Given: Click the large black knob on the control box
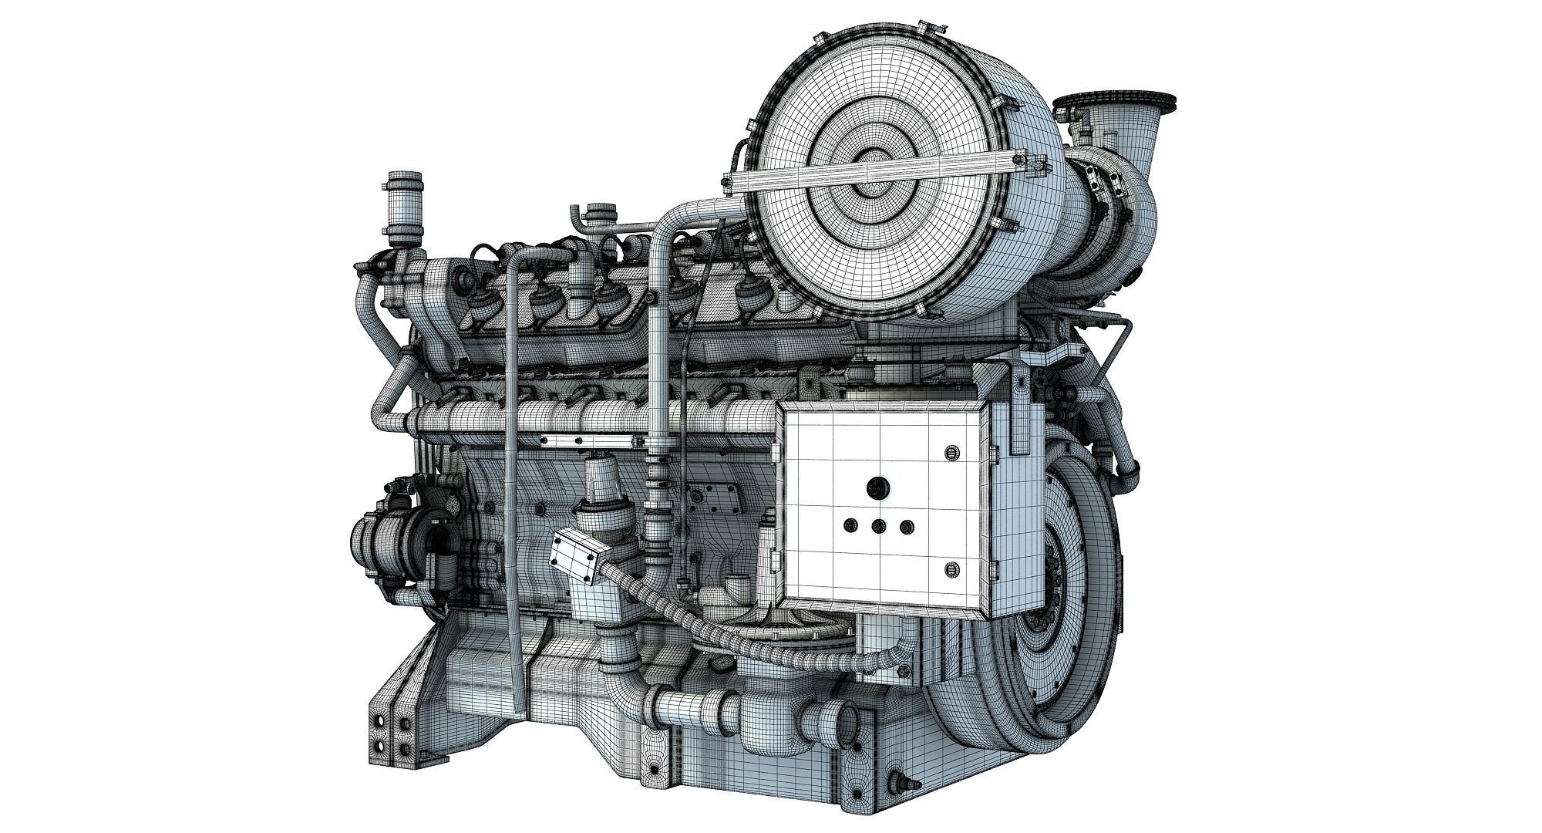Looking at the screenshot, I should click(x=877, y=487).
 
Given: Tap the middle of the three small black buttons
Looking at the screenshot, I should click(x=877, y=527).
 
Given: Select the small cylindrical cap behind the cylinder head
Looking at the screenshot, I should click(x=598, y=211).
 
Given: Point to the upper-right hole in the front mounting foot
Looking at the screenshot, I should click(x=402, y=725).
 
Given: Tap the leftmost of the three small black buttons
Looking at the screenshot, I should click(x=850, y=527).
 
